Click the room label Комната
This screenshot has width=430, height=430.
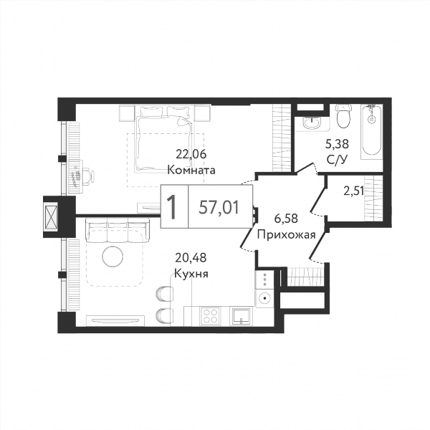(191, 170)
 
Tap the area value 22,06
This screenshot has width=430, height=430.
(191, 155)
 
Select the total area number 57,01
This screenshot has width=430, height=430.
(219, 207)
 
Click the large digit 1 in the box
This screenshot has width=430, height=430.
(173, 207)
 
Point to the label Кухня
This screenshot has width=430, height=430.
(191, 274)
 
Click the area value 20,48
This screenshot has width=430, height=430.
(191, 257)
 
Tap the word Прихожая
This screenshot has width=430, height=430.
(287, 235)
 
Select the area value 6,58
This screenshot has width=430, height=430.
(286, 219)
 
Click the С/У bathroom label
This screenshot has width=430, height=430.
(337, 160)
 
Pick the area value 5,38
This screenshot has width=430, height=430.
(337, 144)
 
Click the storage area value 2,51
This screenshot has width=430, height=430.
(354, 191)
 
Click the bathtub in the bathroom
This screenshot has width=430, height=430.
(371, 130)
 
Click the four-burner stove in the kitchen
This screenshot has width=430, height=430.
(210, 316)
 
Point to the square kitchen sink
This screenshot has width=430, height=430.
(242, 316)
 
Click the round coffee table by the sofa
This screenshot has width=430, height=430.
(113, 257)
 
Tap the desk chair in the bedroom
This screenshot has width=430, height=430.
(87, 175)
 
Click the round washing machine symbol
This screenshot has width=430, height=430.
(264, 298)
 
